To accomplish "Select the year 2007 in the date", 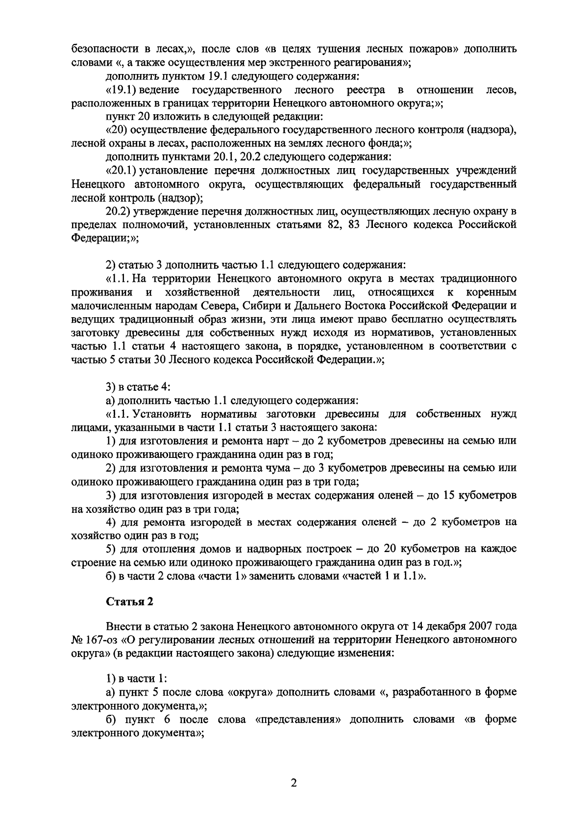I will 480,627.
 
